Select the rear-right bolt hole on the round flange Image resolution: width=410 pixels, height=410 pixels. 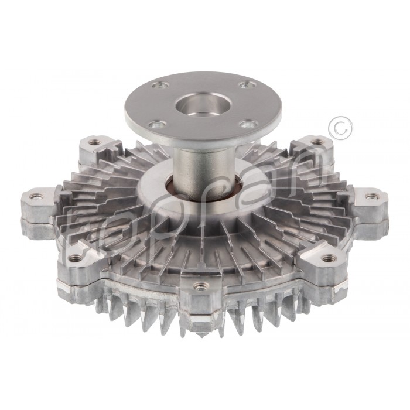point(244,86)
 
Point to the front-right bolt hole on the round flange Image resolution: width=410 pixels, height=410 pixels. point(248,124)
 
